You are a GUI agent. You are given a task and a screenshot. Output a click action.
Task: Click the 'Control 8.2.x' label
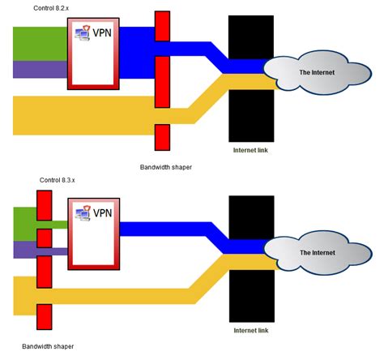[51, 8]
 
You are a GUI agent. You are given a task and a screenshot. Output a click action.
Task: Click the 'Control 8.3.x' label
[57, 180]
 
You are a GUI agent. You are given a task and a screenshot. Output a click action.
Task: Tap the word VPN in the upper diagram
[102, 32]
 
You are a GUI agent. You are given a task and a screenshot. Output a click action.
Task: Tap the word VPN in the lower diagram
[102, 213]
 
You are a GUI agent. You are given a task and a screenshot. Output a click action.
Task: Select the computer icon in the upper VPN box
[83, 32]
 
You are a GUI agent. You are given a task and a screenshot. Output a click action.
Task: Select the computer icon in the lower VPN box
[83, 213]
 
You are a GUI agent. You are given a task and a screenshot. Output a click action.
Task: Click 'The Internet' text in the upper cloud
[317, 72]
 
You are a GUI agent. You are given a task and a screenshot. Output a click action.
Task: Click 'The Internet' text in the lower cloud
[318, 253]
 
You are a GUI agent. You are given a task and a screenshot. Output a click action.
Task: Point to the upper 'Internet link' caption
[250, 150]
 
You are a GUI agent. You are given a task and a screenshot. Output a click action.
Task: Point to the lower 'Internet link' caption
[251, 330]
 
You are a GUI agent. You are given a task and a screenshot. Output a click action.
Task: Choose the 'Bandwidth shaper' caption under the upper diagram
[166, 167]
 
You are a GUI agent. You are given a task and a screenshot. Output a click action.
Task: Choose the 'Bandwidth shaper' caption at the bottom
[48, 346]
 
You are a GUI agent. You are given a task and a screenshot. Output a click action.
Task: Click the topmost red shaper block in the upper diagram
[162, 26]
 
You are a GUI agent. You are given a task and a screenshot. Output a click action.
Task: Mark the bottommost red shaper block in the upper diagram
[162, 138]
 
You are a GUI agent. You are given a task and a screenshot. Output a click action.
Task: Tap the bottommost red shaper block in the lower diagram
[45, 317]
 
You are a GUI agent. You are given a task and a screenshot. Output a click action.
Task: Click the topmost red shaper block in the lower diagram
[45, 205]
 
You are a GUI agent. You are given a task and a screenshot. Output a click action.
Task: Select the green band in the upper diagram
[40, 44]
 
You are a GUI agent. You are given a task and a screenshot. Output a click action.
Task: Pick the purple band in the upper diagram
[40, 70]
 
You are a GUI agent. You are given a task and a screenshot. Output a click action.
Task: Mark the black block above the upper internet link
[251, 37]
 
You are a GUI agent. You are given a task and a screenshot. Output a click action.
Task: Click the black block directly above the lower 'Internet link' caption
[252, 296]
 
